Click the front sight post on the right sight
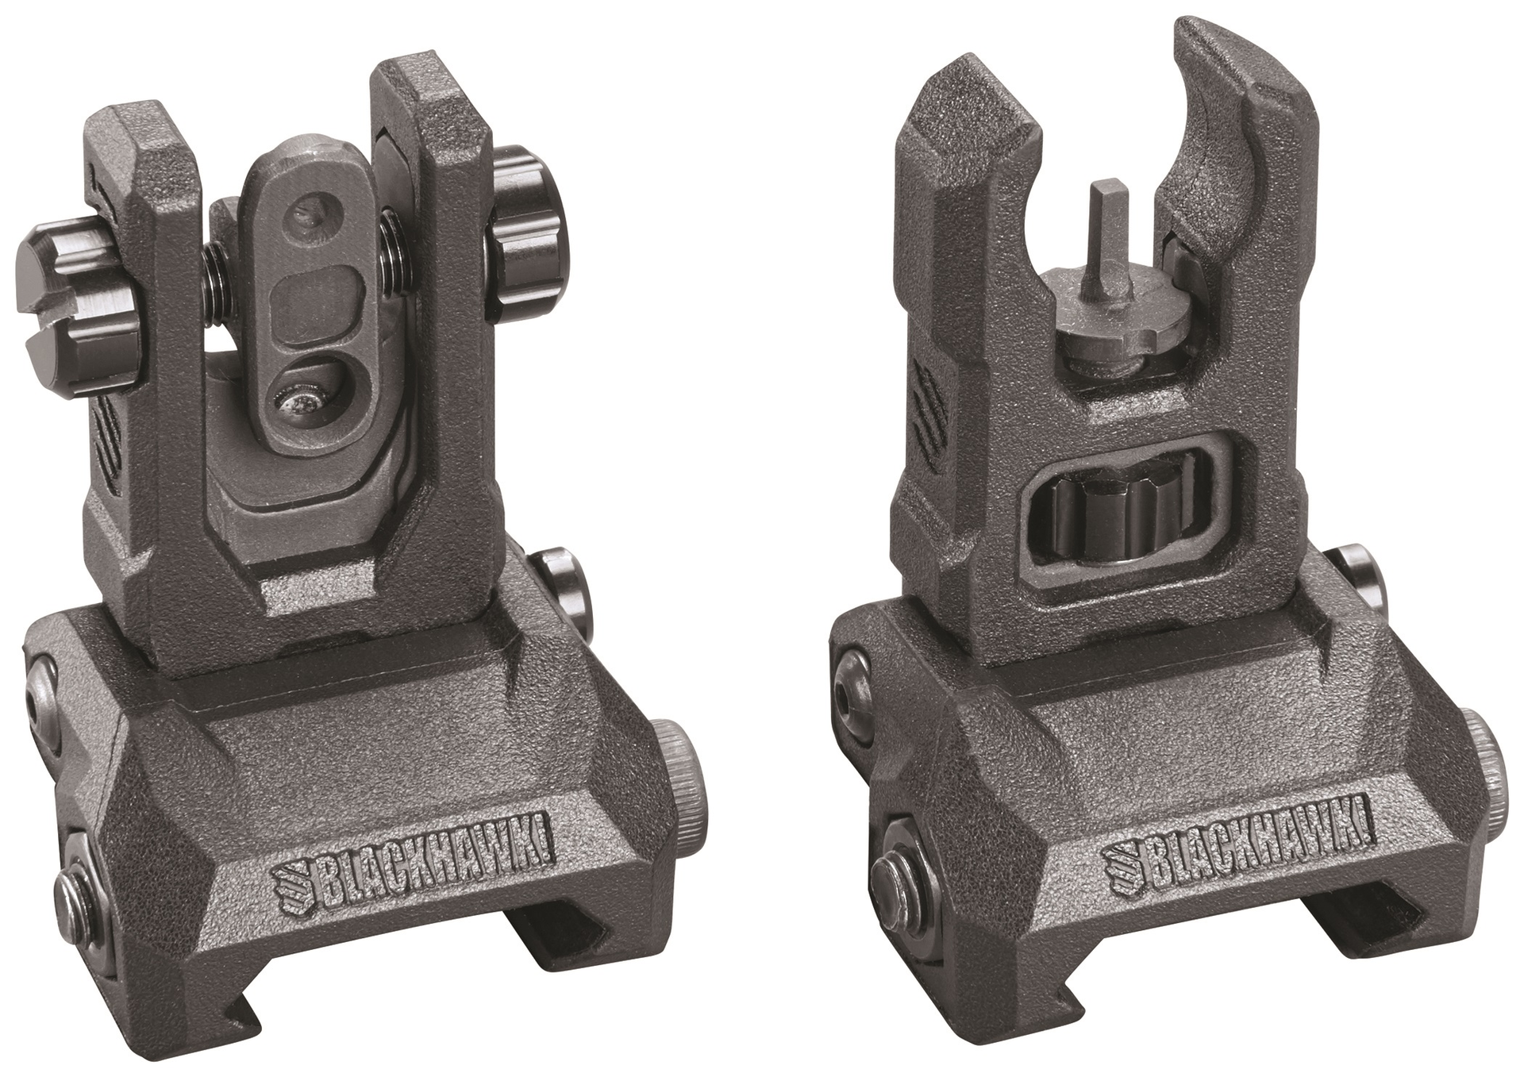1105,230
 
